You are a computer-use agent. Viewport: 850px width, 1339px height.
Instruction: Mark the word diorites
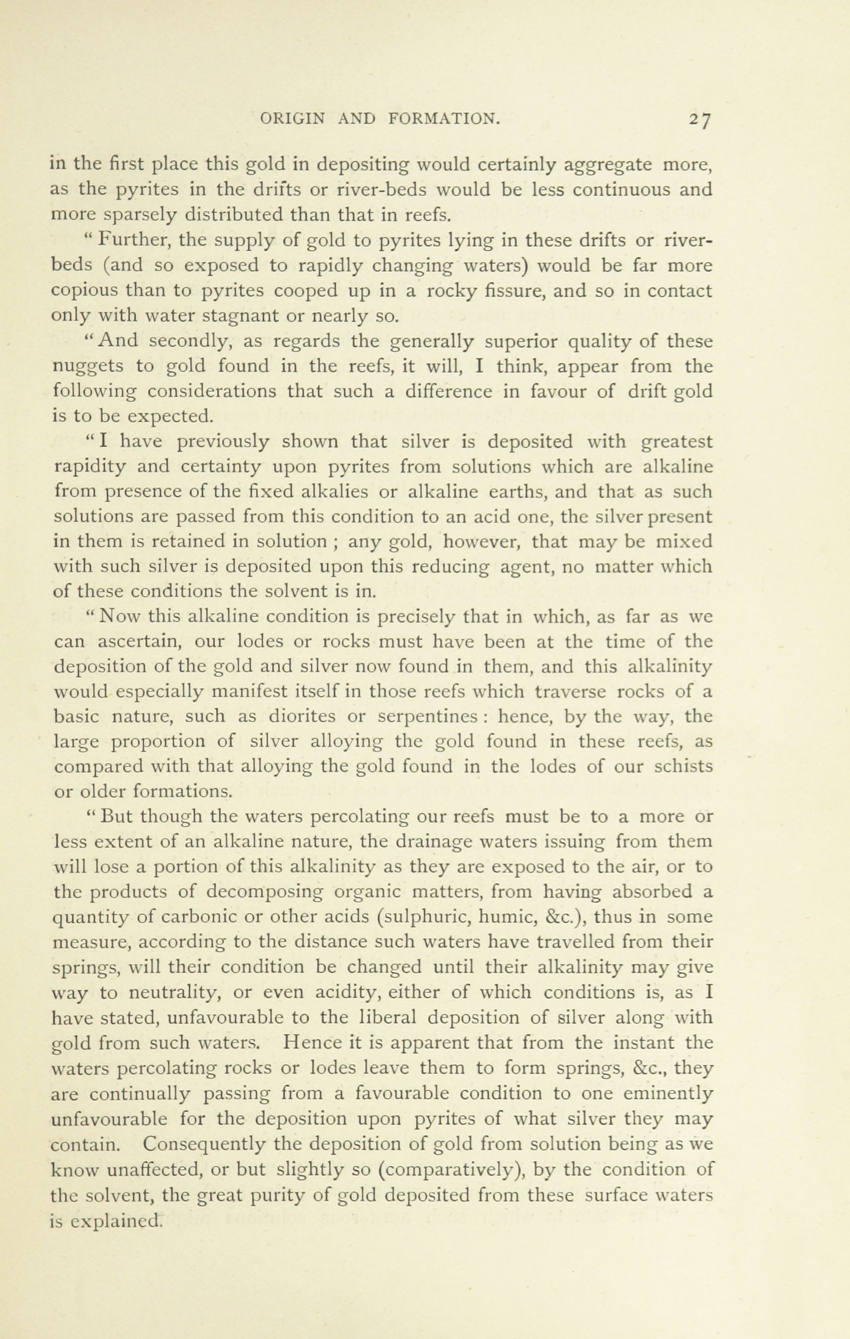303,717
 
